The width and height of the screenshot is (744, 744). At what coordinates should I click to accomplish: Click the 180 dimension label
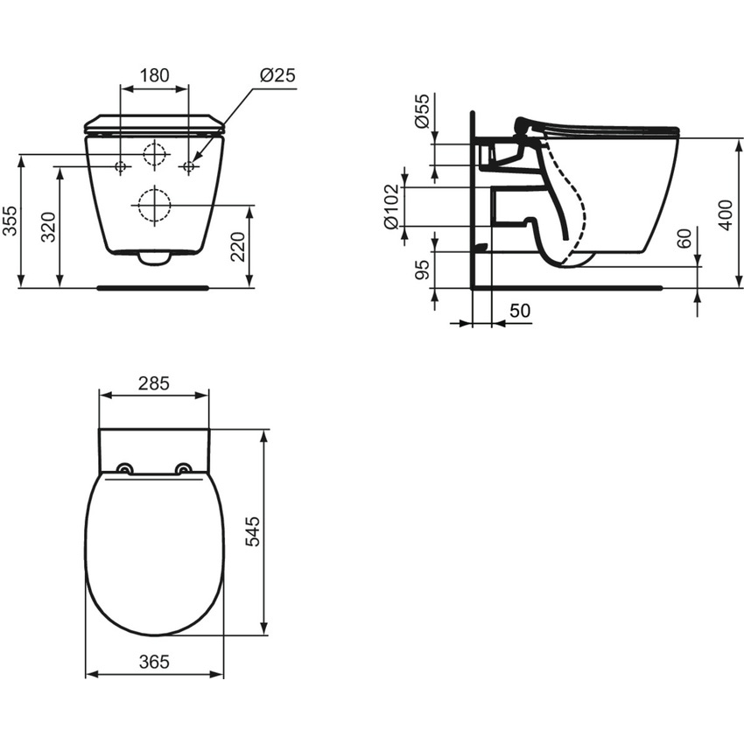[154, 75]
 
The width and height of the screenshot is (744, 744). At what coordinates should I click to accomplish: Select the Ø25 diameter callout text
[277, 75]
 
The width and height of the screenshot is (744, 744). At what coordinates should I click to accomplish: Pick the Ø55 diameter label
[423, 112]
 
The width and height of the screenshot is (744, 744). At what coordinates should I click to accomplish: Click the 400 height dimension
[725, 214]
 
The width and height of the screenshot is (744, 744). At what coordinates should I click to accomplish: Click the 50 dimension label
[520, 311]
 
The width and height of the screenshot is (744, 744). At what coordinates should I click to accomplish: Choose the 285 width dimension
[153, 383]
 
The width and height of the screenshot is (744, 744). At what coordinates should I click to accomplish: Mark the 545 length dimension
[253, 531]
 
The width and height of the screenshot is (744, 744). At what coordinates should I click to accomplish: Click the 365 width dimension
[153, 662]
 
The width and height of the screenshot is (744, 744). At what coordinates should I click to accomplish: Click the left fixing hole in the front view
[122, 166]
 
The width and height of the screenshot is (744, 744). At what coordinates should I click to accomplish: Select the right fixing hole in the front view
[187, 166]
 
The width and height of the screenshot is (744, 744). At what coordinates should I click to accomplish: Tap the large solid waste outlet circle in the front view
[154, 206]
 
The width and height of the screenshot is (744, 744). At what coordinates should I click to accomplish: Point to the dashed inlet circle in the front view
[154, 154]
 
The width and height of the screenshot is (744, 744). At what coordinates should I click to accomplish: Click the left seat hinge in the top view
[125, 468]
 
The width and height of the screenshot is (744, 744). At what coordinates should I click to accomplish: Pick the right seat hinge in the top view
[183, 468]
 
